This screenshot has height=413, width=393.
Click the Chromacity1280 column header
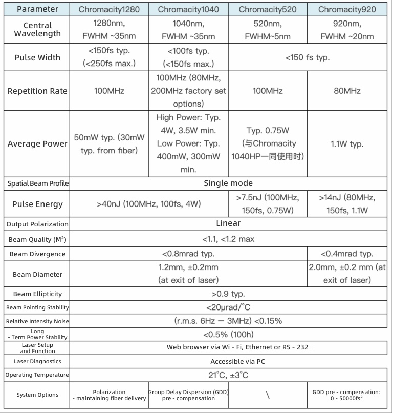click(x=109, y=9)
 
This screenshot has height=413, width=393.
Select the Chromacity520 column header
click(x=266, y=9)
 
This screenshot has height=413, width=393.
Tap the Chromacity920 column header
click(x=347, y=9)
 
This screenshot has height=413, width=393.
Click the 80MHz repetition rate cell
click(x=347, y=91)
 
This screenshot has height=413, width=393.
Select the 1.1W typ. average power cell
click(x=347, y=144)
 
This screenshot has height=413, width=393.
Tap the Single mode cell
click(x=228, y=183)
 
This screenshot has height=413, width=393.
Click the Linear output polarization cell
click(x=228, y=223)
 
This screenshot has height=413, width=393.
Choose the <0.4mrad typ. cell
click(x=347, y=254)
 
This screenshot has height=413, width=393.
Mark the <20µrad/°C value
click(x=228, y=307)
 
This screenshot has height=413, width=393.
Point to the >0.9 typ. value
click(x=228, y=294)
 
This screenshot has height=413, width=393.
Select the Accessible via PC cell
click(x=228, y=361)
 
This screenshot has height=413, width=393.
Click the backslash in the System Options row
click(x=267, y=395)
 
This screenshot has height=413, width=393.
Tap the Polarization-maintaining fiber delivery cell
click(x=109, y=395)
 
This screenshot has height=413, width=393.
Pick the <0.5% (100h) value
click(x=228, y=335)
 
